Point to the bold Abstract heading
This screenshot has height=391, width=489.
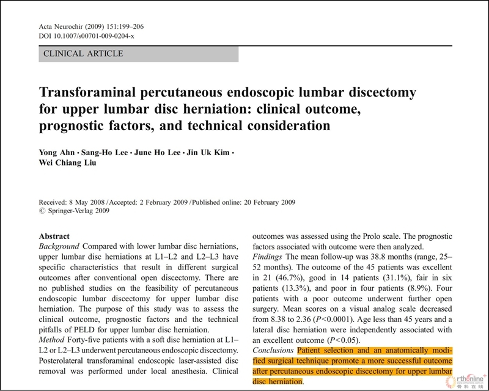pos(54,236)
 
